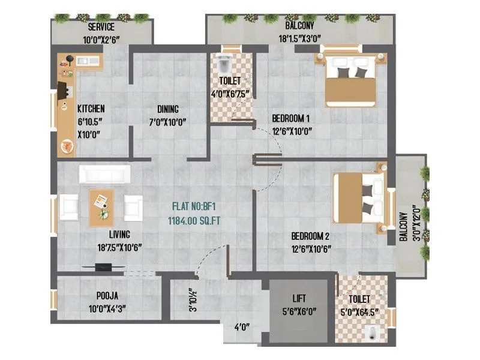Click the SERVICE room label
(101, 27)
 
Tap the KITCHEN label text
(91, 109)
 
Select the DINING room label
(168, 109)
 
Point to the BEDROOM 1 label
(291, 118)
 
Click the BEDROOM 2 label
(310, 235)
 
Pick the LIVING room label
(120, 234)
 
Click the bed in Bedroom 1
(351, 80)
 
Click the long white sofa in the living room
(104, 174)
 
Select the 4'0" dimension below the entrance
(242, 327)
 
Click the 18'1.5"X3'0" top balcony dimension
(305, 40)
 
